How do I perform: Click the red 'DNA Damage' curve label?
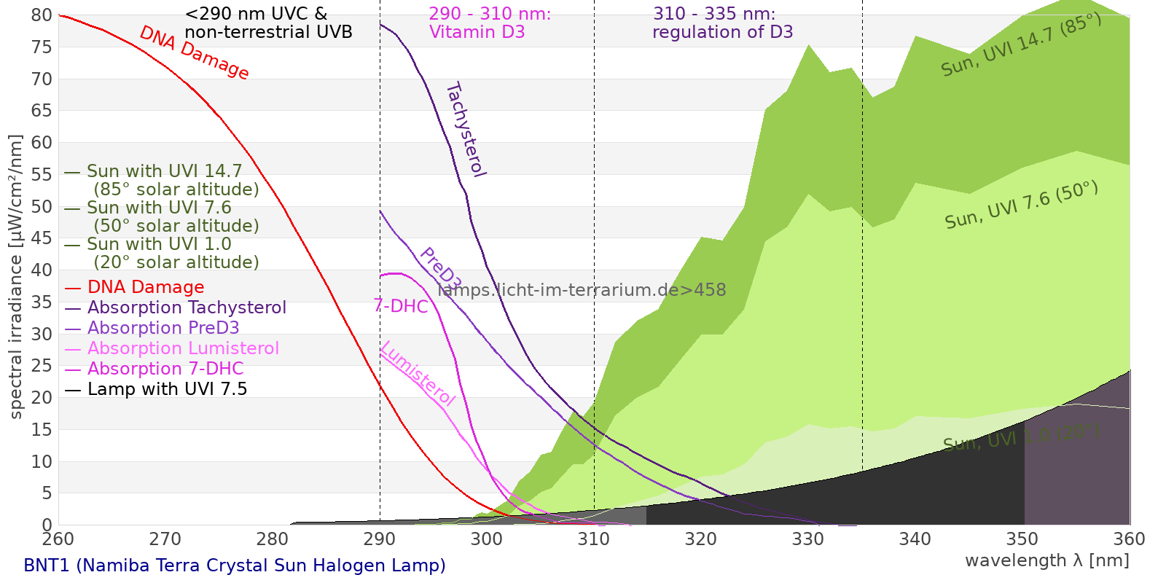[x=194, y=52]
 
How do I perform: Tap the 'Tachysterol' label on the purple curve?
[x=466, y=130]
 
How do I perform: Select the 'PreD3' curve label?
[x=440, y=269]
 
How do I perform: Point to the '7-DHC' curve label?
[x=401, y=306]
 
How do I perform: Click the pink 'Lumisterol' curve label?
[x=418, y=373]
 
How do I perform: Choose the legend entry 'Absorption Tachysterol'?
[x=187, y=308]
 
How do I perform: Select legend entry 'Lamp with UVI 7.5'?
[x=167, y=389]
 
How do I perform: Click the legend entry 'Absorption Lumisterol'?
[x=183, y=348]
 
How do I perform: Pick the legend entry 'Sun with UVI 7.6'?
[x=159, y=208]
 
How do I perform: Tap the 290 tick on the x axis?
[x=380, y=539]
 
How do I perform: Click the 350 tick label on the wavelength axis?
[x=1022, y=539]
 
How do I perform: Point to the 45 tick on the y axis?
[x=42, y=238]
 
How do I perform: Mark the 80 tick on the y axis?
[x=42, y=15]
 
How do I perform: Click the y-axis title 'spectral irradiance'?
[x=16, y=276]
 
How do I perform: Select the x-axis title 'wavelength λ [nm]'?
[x=1046, y=560]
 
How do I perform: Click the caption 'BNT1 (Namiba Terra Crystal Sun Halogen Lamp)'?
[x=234, y=566]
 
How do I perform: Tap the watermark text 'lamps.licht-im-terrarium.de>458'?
[x=582, y=290]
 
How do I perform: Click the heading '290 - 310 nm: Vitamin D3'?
[x=489, y=23]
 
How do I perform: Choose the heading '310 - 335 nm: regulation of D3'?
[x=721, y=23]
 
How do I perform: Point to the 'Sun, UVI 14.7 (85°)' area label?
[x=1021, y=45]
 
